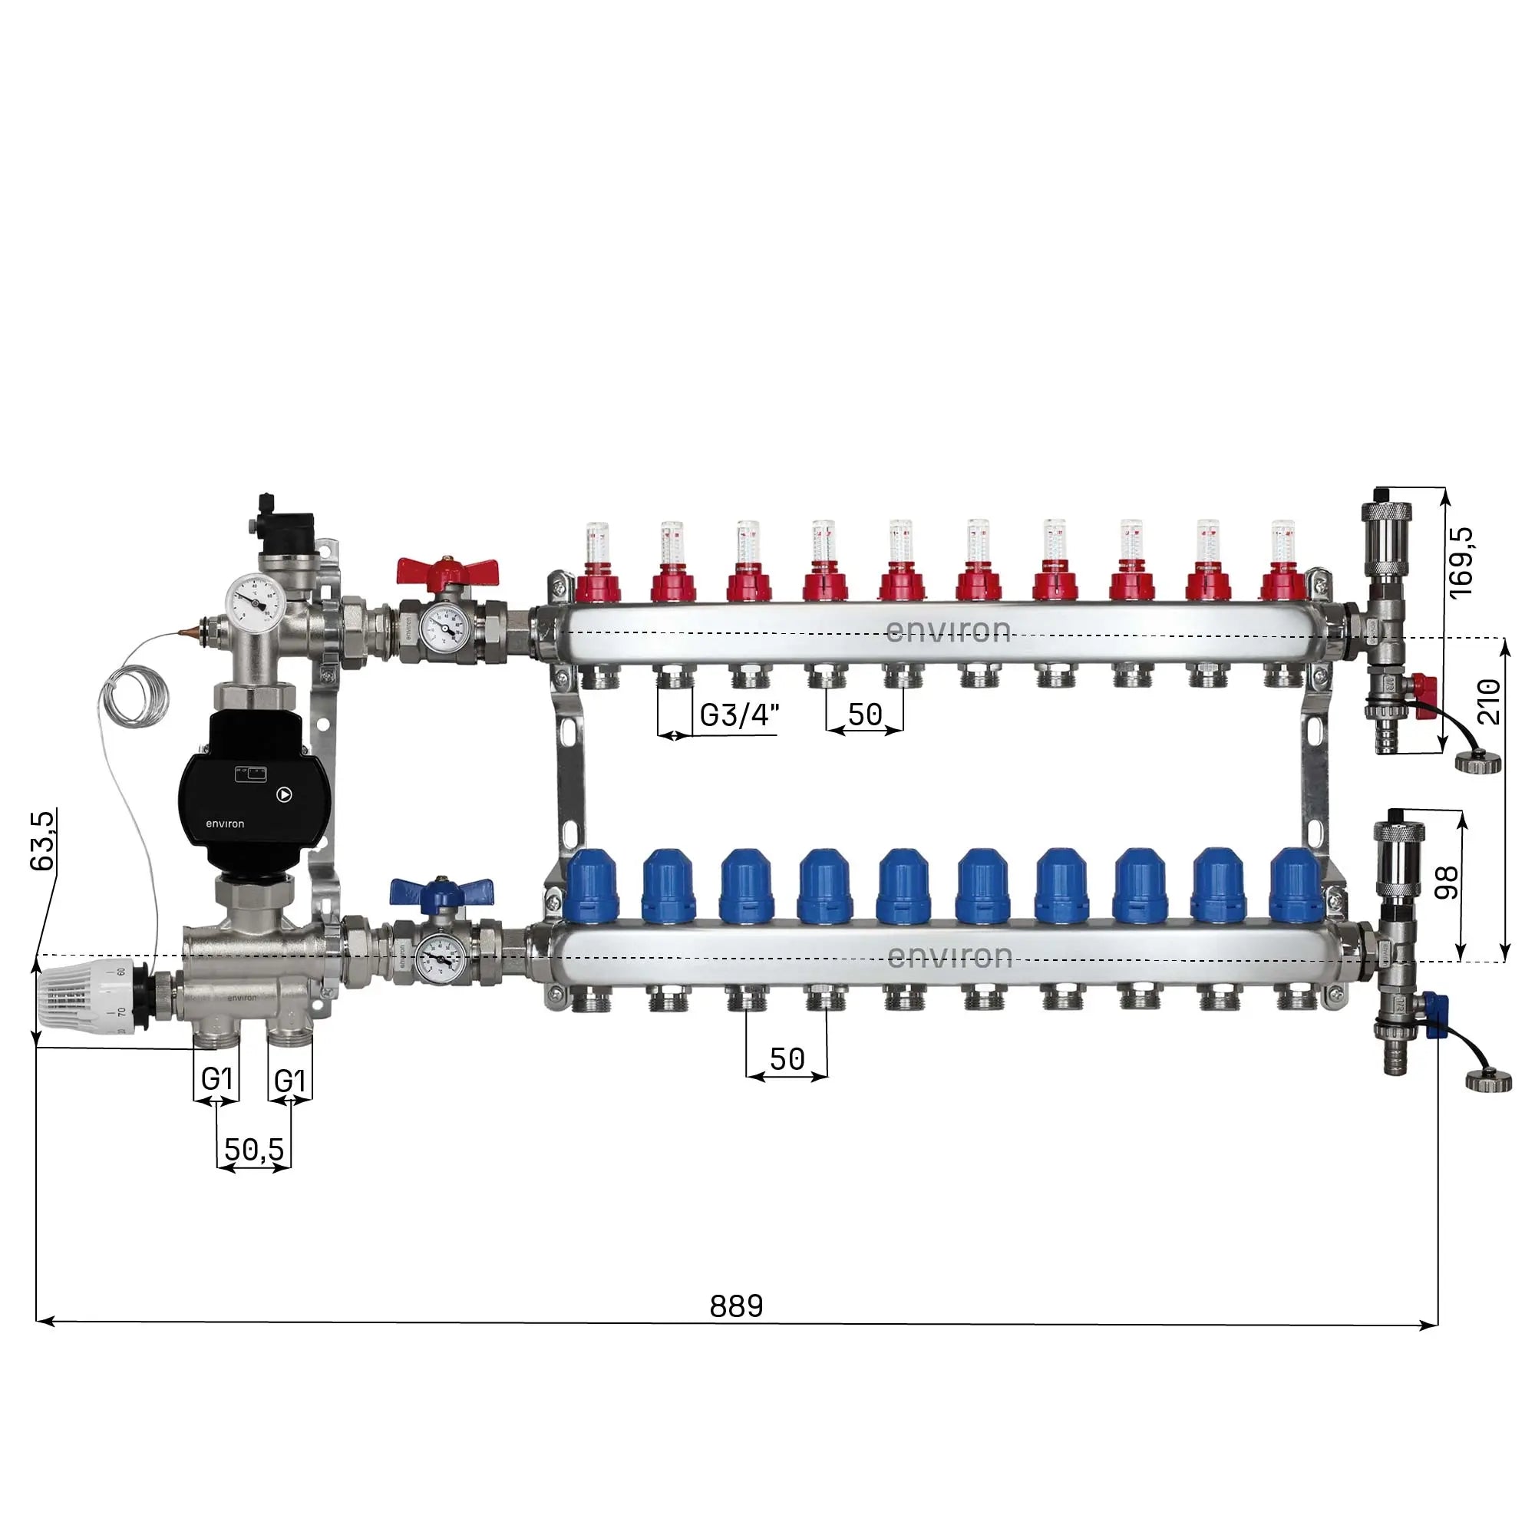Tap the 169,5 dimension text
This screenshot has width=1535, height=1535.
tap(1461, 562)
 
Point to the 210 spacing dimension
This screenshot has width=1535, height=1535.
tap(1489, 701)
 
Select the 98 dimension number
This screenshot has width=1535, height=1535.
tap(1448, 883)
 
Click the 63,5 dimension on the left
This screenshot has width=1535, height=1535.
tap(44, 841)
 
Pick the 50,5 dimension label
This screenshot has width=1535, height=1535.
tap(253, 1149)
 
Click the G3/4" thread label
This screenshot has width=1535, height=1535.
tap(739, 715)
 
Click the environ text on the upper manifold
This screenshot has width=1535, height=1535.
tap(947, 631)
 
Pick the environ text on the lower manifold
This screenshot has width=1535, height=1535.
tap(949, 956)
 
